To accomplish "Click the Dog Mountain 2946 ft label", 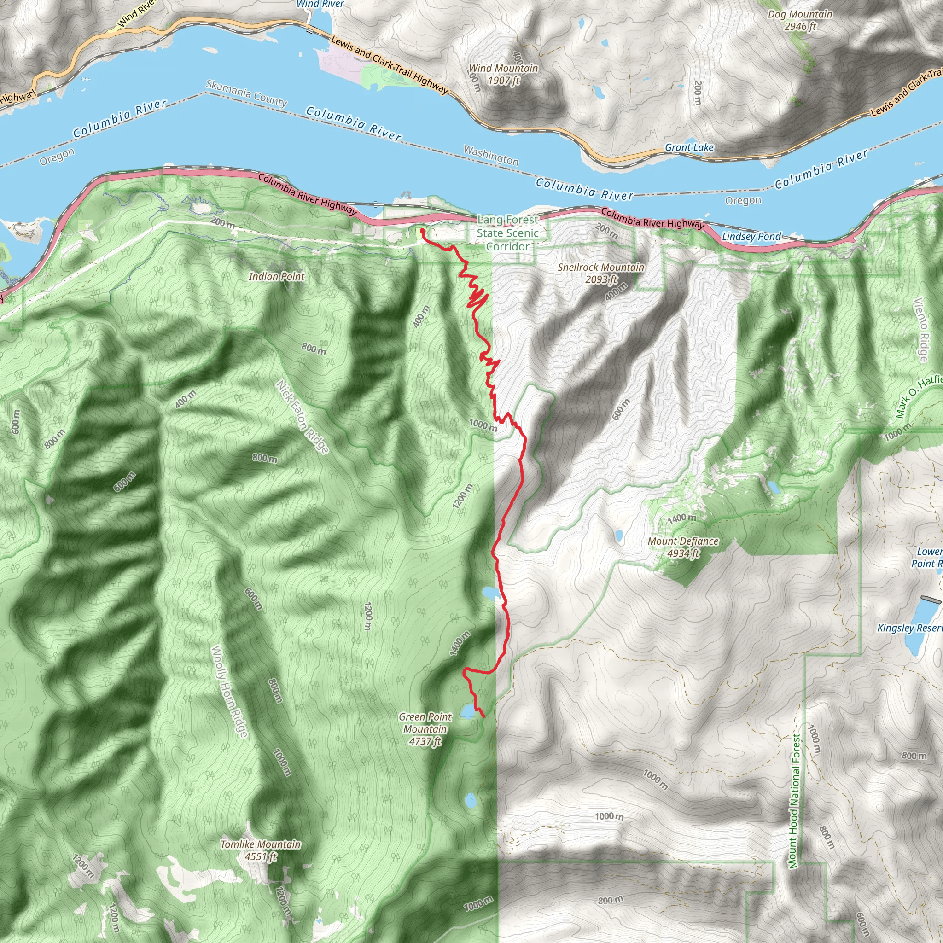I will pyautogui.click(x=799, y=20).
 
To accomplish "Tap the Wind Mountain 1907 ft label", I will pyautogui.click(x=503, y=74).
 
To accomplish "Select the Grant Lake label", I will pyautogui.click(x=689, y=147).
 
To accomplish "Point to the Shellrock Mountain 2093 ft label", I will pyautogui.click(x=601, y=273).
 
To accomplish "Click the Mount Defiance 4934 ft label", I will pyautogui.click(x=683, y=547).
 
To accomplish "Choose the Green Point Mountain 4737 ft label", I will pyautogui.click(x=425, y=729).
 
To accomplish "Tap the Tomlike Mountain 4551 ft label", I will pyautogui.click(x=261, y=850).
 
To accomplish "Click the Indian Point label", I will pyautogui.click(x=276, y=276).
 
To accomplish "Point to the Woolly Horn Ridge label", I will pyautogui.click(x=229, y=691).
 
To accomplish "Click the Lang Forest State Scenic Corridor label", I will pyautogui.click(x=507, y=233).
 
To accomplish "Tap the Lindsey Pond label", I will pyautogui.click(x=751, y=237).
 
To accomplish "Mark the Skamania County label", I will pyautogui.click(x=246, y=93).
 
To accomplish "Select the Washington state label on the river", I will pyautogui.click(x=490, y=155).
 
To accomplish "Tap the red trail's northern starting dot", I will pyautogui.click(x=422, y=230).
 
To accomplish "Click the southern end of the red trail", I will pyautogui.click(x=483, y=716).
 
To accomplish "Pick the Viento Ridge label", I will pyautogui.click(x=920, y=330).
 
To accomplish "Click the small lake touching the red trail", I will pyautogui.click(x=491, y=593).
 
